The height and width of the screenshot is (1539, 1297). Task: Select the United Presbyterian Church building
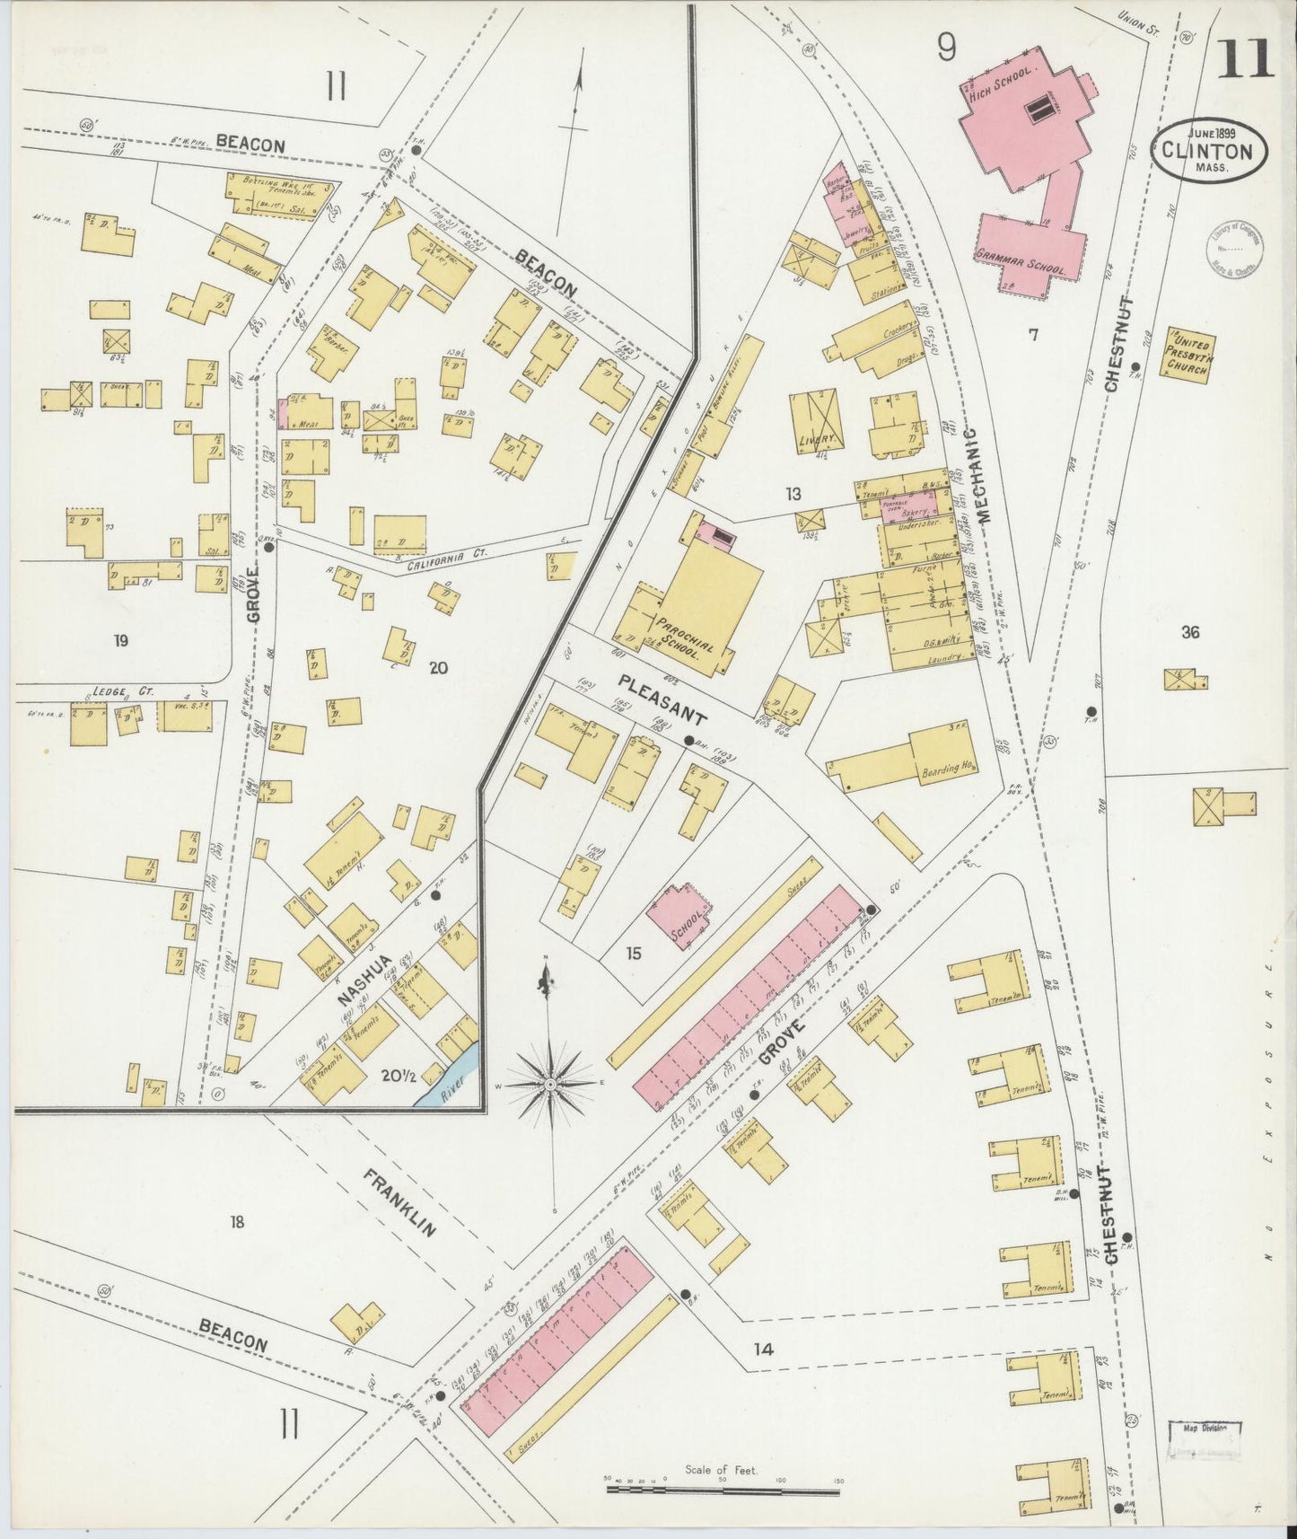pyautogui.click(x=1187, y=356)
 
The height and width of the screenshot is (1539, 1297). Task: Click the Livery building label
pyautogui.click(x=816, y=439)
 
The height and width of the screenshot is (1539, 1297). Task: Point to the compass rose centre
pyautogui.click(x=548, y=1086)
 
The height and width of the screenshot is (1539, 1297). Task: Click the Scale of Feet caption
pyautogui.click(x=722, y=1471)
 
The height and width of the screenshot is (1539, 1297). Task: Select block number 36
pyautogui.click(x=1189, y=632)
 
